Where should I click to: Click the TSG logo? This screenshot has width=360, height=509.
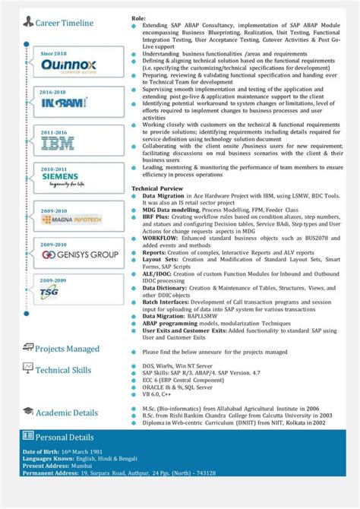tap(50, 292)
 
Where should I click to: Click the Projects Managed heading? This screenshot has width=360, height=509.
tap(67, 349)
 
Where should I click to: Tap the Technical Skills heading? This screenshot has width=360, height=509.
tap(63, 370)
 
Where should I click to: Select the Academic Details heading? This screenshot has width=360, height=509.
tap(67, 413)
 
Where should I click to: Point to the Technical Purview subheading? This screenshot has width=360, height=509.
tap(157, 188)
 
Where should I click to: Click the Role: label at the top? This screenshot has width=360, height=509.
tap(139, 17)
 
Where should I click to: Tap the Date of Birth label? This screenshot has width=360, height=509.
tap(43, 453)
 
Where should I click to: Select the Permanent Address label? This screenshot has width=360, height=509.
tap(51, 473)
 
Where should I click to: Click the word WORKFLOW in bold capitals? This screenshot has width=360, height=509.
tap(160, 238)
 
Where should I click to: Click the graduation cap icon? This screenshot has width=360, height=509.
tap(28, 412)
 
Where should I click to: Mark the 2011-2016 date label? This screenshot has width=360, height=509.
tap(53, 131)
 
